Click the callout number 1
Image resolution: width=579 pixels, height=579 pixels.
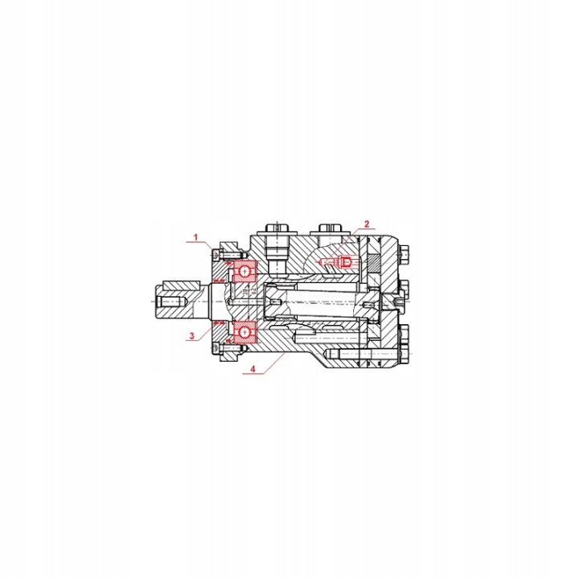pos(196,236)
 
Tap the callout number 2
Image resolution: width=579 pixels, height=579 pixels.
pos(367,224)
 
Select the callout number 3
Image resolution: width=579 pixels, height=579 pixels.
pos(191,335)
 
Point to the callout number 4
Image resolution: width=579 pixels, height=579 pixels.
pos(253,368)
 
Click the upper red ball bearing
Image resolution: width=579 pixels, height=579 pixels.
pos(244,272)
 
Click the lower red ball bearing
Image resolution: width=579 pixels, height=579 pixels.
pos(244,332)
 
